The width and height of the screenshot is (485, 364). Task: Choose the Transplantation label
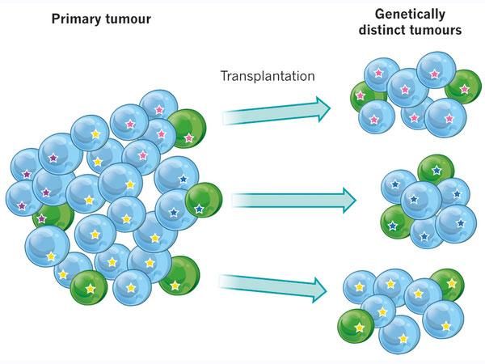(x=268, y=77)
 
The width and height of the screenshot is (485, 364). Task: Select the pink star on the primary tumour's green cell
(x=188, y=138)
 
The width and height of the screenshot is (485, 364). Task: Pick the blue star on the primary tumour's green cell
(x=199, y=209)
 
